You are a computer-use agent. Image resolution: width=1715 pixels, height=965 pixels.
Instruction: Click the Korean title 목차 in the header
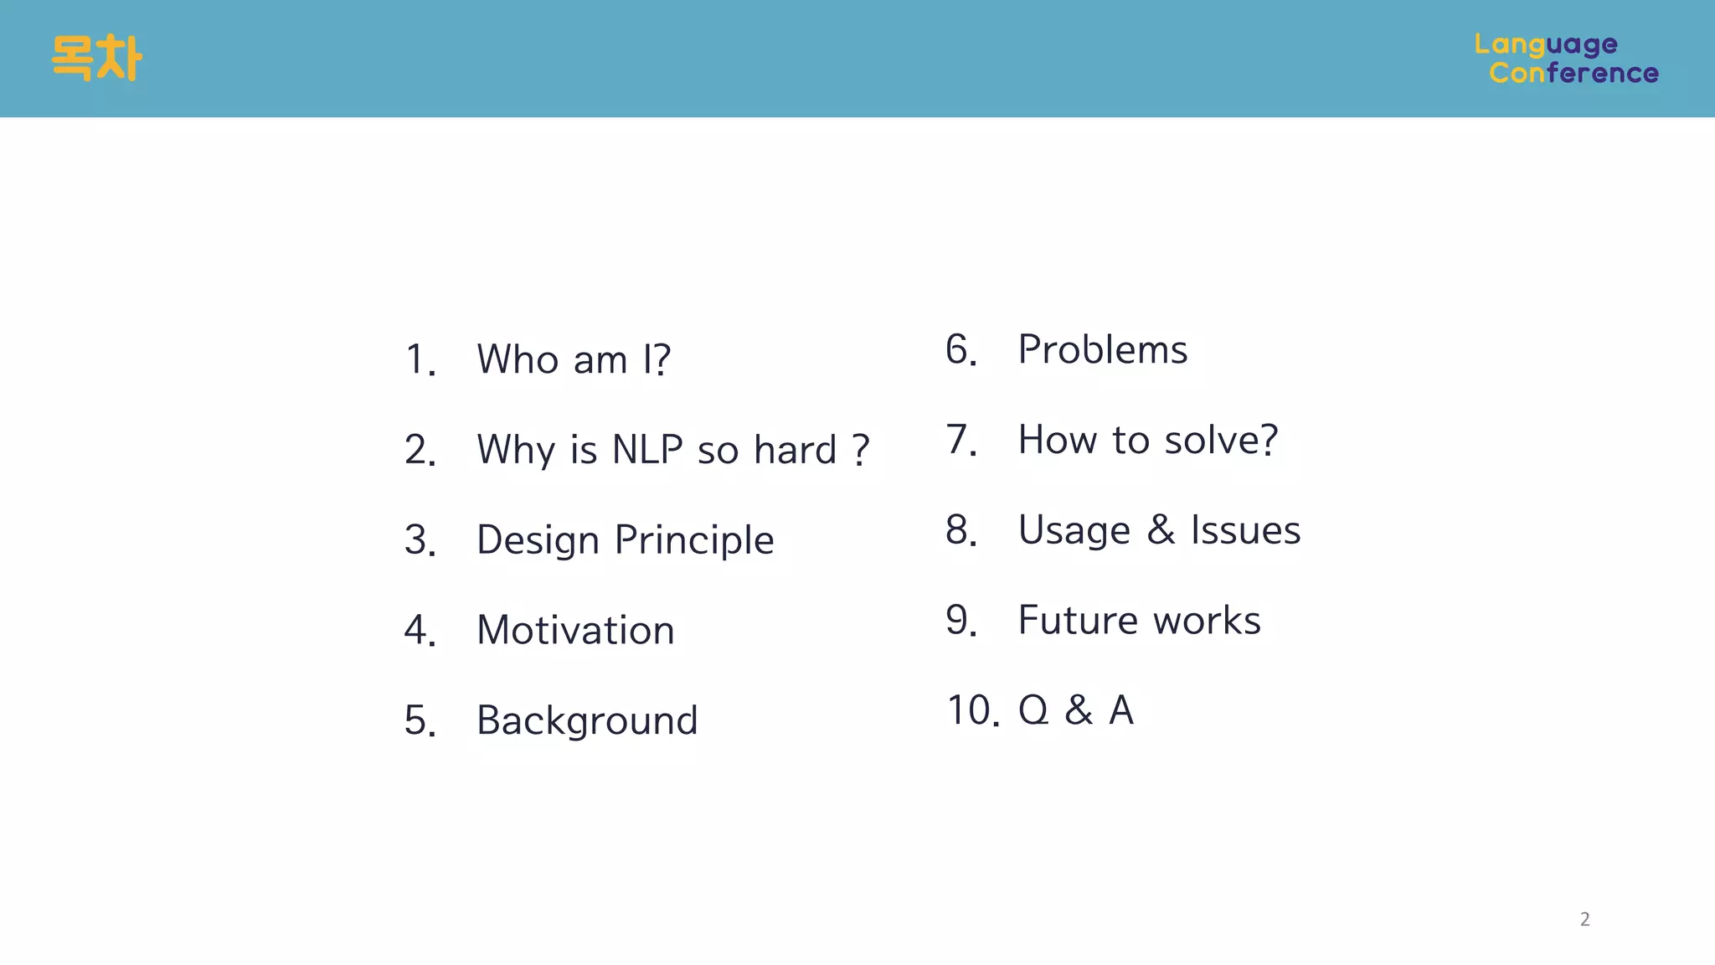point(96,58)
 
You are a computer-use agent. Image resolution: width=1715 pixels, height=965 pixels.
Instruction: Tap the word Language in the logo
point(1546,44)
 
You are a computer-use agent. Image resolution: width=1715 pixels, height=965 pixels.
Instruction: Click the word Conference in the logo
point(1573,74)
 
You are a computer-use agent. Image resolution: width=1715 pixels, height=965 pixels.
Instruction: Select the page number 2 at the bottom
point(1584,919)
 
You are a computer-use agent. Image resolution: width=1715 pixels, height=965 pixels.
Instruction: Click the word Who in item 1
point(518,359)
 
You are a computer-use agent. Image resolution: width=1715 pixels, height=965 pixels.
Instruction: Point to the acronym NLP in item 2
point(647,450)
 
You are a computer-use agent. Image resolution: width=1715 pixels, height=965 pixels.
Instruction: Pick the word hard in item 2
point(795,450)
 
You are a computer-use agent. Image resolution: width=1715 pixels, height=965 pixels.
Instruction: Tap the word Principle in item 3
point(694,540)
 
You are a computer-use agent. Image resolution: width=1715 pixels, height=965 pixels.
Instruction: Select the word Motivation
point(575,630)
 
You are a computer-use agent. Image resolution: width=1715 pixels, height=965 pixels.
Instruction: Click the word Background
point(587,720)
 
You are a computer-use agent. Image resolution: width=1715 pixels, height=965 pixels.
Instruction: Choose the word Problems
point(1102,349)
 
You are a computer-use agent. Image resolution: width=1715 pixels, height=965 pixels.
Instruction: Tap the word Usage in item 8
point(1074,531)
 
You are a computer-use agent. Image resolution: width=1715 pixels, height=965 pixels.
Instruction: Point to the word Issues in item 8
point(1245,530)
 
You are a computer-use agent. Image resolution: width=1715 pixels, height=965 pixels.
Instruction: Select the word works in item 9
point(1207,621)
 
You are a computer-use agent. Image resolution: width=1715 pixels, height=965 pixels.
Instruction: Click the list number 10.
point(972,710)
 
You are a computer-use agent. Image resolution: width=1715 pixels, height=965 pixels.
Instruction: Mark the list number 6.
point(961,349)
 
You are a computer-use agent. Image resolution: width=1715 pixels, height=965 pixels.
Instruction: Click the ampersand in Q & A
point(1079,710)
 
